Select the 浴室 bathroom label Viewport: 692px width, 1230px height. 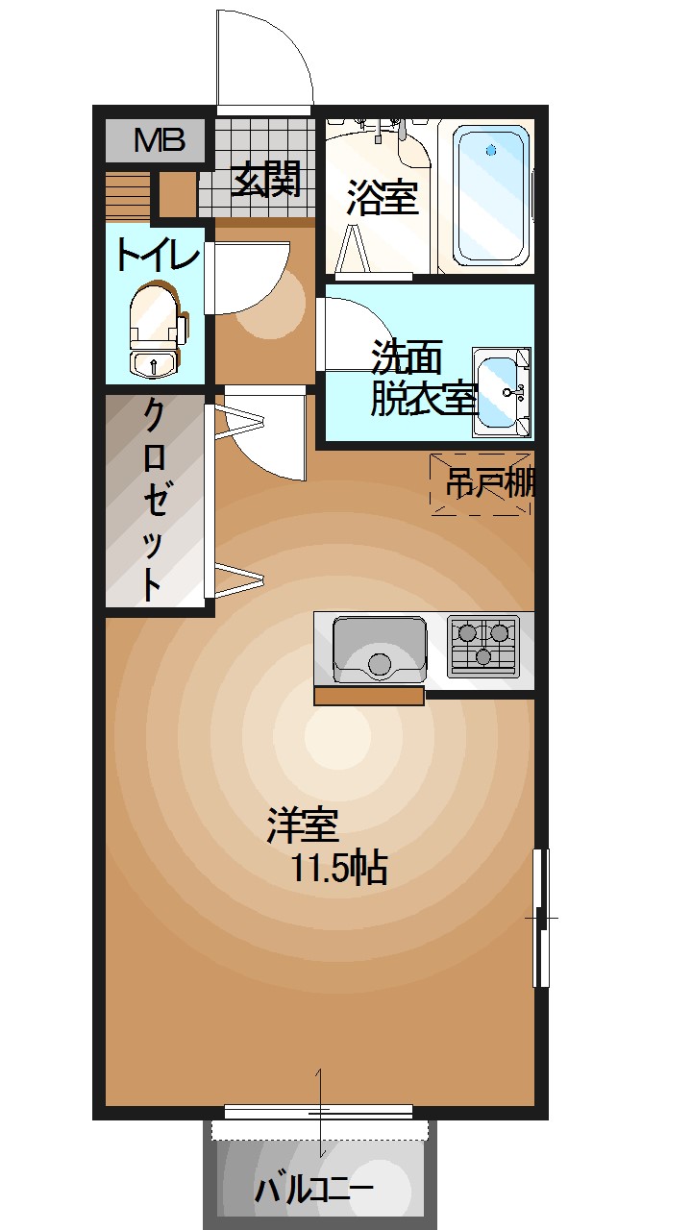pyautogui.click(x=381, y=198)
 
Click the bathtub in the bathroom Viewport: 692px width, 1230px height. pyautogui.click(x=491, y=195)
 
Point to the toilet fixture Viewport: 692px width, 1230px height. pyautogui.click(x=155, y=325)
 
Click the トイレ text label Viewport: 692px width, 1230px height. pyautogui.click(x=157, y=256)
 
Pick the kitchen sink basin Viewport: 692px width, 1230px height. pyautogui.click(x=379, y=649)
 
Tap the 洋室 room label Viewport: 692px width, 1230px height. pyautogui.click(x=302, y=825)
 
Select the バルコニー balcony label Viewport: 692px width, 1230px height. pyautogui.click(x=314, y=1190)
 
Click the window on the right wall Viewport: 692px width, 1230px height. pyautogui.click(x=541, y=918)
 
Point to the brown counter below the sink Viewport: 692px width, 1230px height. pyautogui.click(x=369, y=696)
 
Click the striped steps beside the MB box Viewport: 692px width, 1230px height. pyautogui.click(x=128, y=195)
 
